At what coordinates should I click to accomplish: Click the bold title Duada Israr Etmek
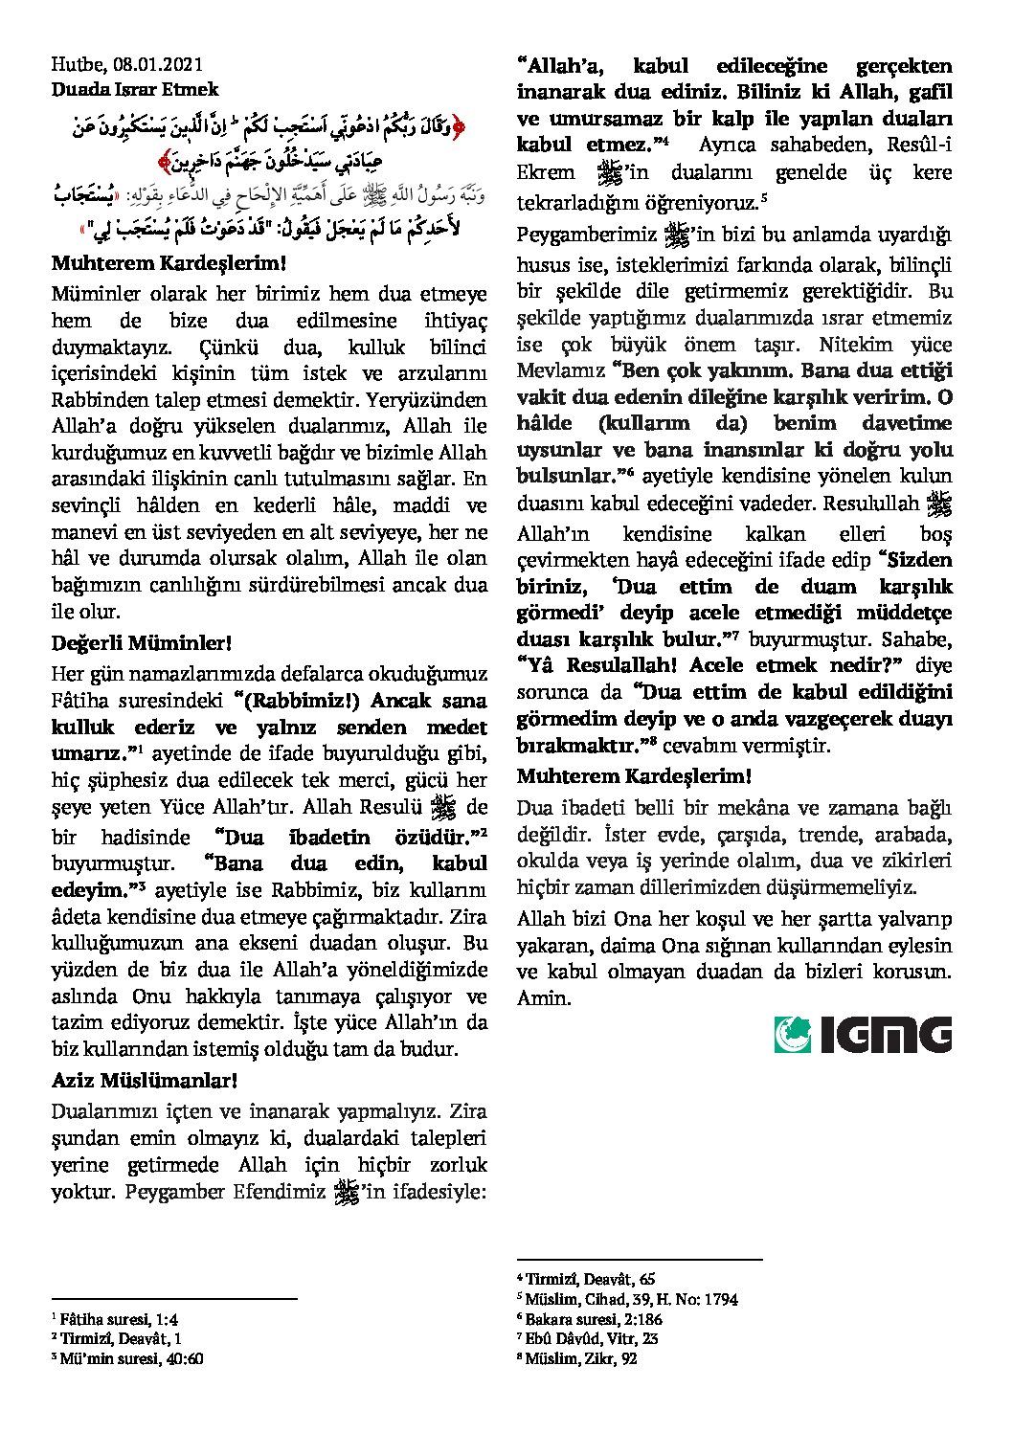(135, 89)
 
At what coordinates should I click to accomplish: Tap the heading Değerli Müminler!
(142, 642)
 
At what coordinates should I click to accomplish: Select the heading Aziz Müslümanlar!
(145, 1081)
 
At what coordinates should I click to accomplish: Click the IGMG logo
(863, 1035)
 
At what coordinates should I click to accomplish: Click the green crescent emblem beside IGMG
(793, 1035)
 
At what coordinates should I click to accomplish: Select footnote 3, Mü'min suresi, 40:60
(127, 1358)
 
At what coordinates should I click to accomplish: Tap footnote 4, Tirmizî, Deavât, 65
(586, 1279)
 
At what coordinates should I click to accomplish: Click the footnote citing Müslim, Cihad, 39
(627, 1299)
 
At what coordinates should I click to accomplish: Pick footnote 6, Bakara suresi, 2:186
(590, 1319)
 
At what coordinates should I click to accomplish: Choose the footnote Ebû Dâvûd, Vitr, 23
(588, 1338)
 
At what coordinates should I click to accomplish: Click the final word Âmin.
(544, 997)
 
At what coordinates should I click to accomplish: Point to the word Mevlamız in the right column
(560, 370)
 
